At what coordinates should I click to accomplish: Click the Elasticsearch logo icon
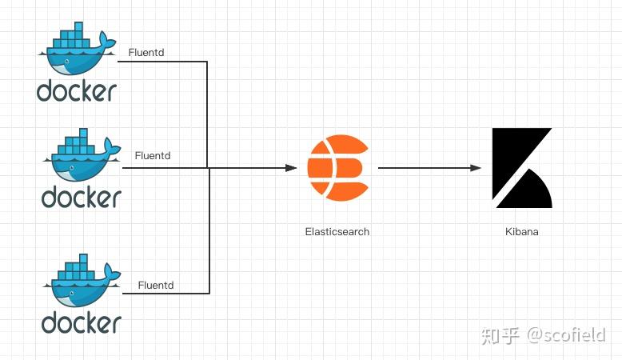(337, 168)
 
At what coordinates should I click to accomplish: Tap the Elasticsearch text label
(337, 231)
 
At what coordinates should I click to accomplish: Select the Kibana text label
(521, 231)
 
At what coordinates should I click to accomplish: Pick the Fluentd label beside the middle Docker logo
(153, 155)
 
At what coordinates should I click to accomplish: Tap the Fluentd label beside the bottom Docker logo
(156, 284)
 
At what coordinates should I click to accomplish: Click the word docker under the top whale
(77, 90)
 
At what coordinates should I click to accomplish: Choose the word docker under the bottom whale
(82, 322)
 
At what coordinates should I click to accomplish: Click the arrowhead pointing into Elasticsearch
(291, 168)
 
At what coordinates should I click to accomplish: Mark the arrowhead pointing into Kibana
(476, 168)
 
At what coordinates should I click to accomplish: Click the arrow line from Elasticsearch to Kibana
(424, 168)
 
